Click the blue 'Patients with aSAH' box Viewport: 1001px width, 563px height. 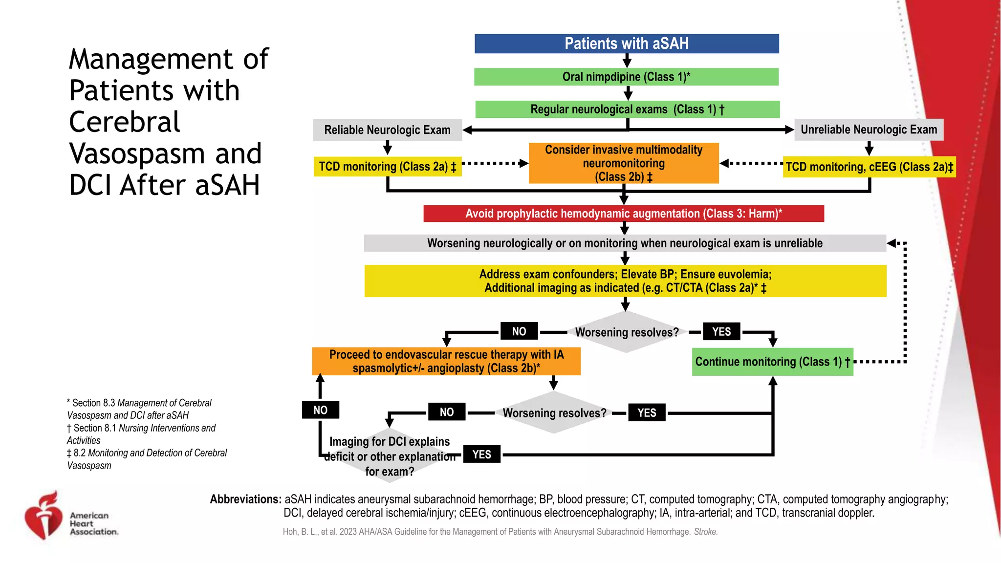point(627,43)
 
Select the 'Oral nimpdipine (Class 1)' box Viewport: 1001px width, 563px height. point(626,77)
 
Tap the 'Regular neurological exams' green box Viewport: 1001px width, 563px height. point(627,109)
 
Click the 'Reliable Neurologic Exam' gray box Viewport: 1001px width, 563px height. point(387,130)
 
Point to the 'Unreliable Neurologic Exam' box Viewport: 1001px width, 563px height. point(869,130)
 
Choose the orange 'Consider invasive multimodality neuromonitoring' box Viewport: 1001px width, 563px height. point(624,163)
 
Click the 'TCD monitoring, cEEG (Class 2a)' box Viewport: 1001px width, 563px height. point(869,167)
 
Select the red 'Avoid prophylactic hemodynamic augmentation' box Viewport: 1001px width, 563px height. point(624,214)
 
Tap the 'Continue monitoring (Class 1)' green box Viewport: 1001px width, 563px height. point(772,362)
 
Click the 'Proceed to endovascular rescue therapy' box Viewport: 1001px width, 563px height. point(446,361)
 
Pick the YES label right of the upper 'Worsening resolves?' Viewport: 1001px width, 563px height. point(721,331)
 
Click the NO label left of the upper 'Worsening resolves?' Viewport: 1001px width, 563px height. point(519,331)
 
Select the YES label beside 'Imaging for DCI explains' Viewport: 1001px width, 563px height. point(481,455)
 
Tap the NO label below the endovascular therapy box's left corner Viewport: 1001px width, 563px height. point(320,410)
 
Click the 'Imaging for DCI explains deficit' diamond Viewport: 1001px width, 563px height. point(390,456)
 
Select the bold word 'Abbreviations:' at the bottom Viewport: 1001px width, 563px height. point(245,499)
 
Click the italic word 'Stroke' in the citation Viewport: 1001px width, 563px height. point(705,532)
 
